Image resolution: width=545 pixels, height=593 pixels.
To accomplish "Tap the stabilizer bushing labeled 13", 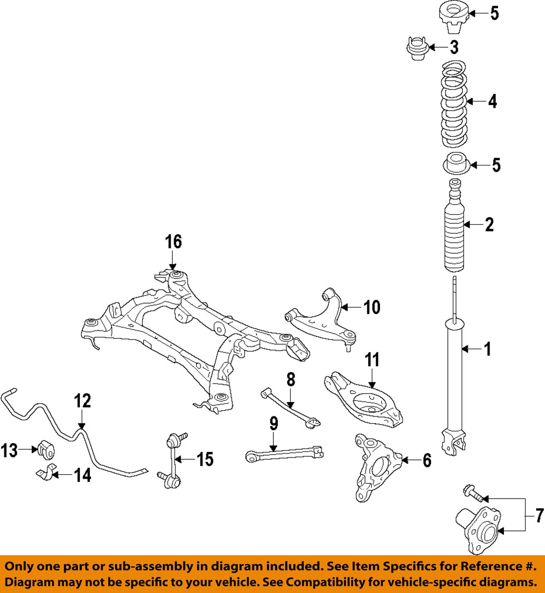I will tap(47, 449).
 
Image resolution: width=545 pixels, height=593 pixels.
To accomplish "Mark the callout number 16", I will tap(173, 242).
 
